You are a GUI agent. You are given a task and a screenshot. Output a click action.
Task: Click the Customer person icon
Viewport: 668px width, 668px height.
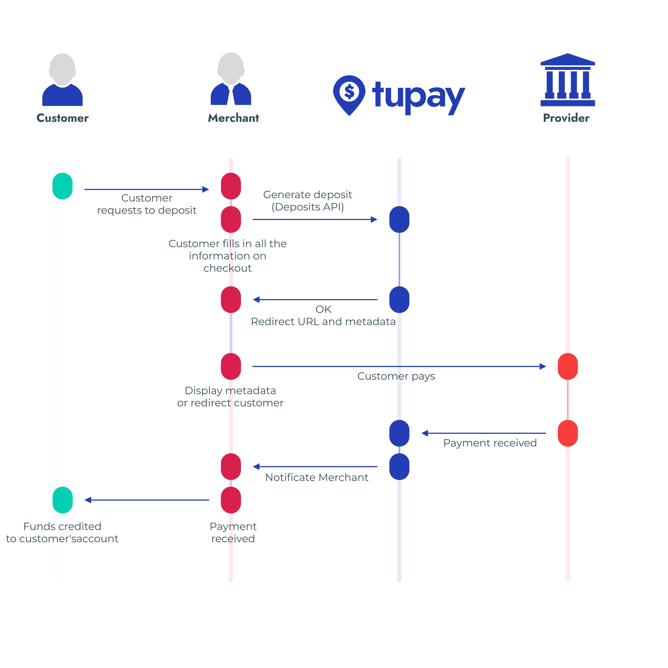(62, 80)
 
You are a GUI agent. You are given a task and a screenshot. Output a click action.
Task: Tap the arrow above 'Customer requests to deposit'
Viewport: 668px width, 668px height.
(147, 189)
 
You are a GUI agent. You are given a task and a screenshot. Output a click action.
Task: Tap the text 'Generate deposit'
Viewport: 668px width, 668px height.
(307, 195)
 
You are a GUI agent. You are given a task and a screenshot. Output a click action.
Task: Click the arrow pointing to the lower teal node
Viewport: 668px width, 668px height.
(147, 500)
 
